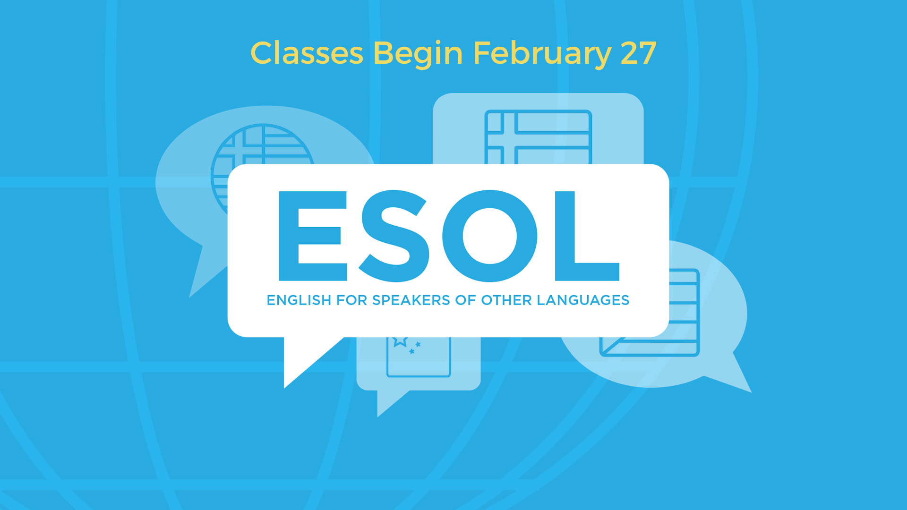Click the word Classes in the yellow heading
point(307,53)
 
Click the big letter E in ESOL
point(313,236)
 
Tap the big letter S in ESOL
point(394,236)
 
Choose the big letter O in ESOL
point(489,236)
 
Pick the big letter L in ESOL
point(587,236)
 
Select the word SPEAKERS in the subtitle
point(411,300)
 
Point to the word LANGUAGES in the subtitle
point(583,300)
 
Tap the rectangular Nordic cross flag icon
point(538,137)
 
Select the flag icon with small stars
point(419,357)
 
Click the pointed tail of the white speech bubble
point(285,387)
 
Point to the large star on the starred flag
point(400,341)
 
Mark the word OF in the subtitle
point(465,300)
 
